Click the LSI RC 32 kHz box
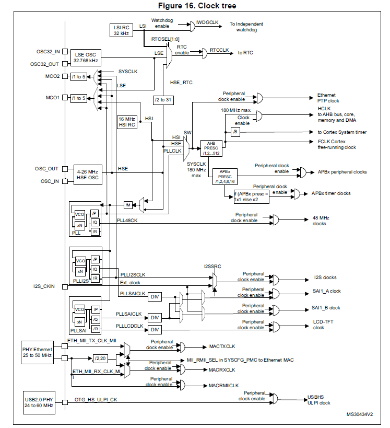121,30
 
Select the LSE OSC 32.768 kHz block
87,57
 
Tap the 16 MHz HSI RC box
127,122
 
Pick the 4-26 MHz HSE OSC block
87,175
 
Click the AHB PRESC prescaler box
211,148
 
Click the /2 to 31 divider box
163,100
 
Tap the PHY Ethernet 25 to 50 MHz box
37,352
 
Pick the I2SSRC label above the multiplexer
212,267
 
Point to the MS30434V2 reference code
360,414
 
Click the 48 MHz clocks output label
320,221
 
